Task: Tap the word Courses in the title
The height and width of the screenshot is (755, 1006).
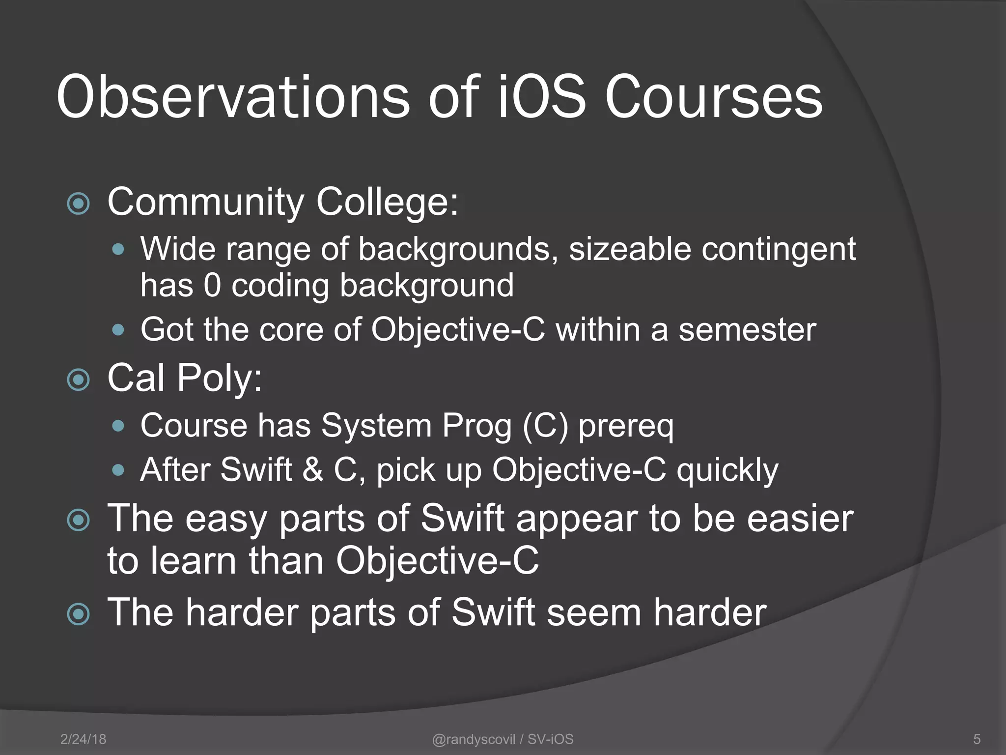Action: (x=713, y=97)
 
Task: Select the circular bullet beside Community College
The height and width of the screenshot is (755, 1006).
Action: (x=79, y=203)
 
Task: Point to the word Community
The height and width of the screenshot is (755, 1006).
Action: (x=206, y=202)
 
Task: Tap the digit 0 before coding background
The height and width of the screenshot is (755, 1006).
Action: (x=212, y=285)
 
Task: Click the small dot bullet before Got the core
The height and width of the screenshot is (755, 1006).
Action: (x=118, y=330)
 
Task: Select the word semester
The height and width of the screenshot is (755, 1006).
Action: (x=747, y=329)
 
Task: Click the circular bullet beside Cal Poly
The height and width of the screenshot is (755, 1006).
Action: (x=79, y=379)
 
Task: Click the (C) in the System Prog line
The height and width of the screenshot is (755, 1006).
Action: (x=545, y=425)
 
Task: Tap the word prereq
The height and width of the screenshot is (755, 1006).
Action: (x=626, y=426)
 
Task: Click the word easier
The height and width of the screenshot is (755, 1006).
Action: (x=800, y=519)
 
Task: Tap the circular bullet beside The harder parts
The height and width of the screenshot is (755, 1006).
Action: (x=79, y=614)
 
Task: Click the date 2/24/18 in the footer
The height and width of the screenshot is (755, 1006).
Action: (x=83, y=739)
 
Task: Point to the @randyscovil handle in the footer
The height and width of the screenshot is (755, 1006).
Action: (x=474, y=739)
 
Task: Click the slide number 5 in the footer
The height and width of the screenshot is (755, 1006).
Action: (x=977, y=739)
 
